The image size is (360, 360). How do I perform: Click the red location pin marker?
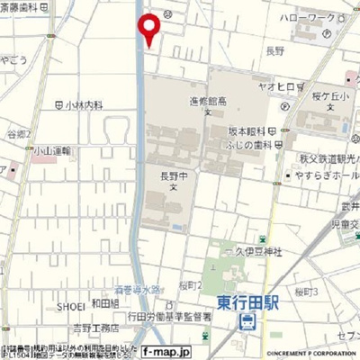click(x=149, y=27)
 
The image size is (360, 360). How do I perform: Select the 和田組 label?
click(x=106, y=303)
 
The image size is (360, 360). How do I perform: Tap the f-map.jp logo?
click(x=182, y=346)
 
